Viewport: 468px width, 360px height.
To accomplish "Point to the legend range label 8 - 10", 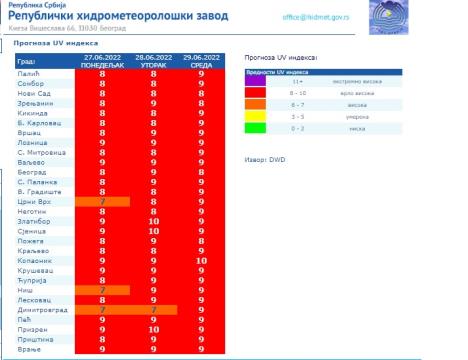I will [325, 93].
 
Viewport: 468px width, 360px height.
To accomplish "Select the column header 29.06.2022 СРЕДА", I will [202, 63].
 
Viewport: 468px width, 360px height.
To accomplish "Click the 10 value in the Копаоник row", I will [202, 260].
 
